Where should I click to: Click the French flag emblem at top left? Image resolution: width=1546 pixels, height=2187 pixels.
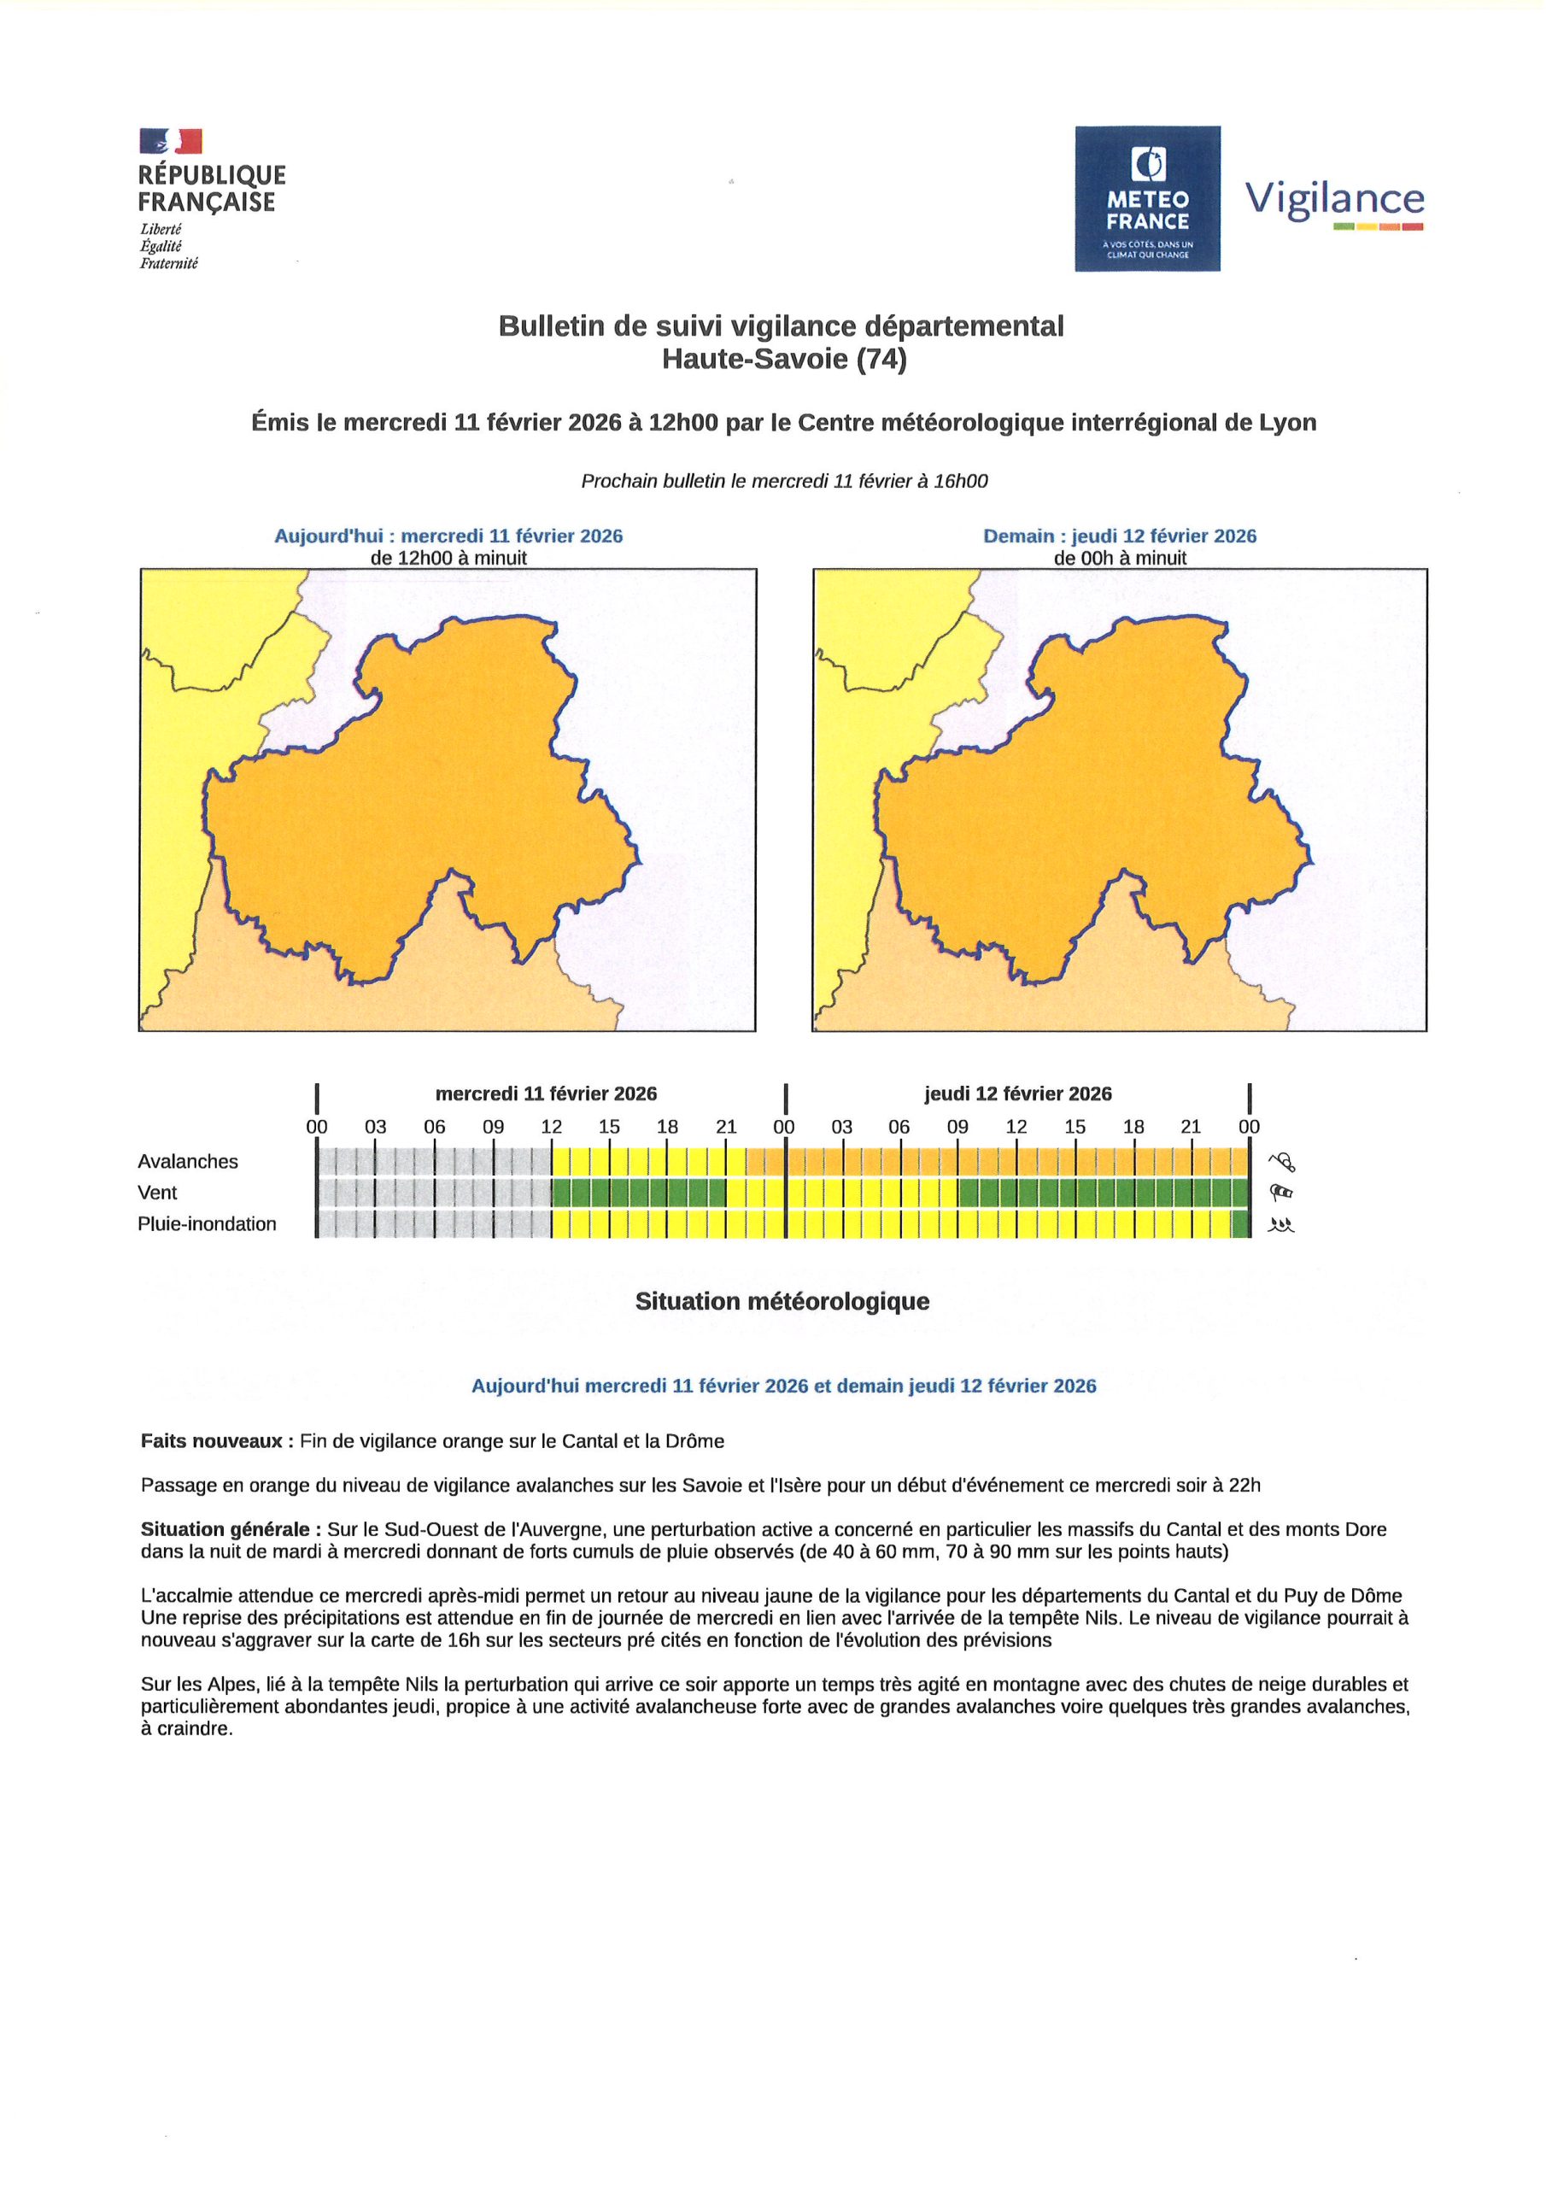171,141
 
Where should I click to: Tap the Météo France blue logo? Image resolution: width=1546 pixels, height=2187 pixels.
1147,198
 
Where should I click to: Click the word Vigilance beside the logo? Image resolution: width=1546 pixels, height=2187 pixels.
1334,200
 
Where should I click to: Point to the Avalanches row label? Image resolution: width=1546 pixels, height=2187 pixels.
188,1161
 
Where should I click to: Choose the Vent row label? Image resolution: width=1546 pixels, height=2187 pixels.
157,1193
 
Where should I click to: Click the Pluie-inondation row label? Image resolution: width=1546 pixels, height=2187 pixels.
207,1224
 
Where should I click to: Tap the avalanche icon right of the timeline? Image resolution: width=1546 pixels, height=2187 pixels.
1281,1161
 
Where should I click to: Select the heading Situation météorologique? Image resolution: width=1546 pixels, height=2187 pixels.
782,1301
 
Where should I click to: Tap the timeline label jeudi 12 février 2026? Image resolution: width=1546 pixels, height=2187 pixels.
1017,1093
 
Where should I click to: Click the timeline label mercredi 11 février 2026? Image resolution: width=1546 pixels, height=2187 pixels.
546,1093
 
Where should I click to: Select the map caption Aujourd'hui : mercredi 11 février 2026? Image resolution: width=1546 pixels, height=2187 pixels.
448,536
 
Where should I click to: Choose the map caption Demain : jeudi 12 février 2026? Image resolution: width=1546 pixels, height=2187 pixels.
1119,536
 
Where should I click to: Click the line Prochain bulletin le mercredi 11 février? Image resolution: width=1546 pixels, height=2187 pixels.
784,481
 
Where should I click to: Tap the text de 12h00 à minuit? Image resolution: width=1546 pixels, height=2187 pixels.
448,558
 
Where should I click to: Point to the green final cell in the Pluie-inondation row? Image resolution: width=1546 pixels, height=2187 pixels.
1239,1224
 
